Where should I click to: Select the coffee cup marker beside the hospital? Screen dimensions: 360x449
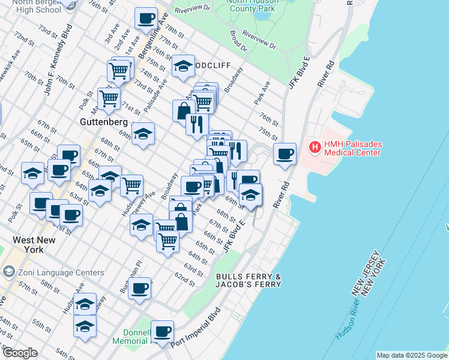tap(285, 154)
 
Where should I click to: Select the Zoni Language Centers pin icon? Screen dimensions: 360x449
tap(8, 272)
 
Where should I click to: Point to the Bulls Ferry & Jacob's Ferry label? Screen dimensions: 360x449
tap(248, 280)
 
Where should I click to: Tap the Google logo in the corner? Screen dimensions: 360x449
tap(20, 353)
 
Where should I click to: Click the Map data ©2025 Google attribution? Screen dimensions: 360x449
tap(412, 355)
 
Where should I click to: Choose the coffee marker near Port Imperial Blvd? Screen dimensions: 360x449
tap(162, 331)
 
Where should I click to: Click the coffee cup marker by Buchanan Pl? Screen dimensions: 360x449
tap(139, 288)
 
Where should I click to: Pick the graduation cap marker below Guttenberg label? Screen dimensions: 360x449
tap(143, 134)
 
